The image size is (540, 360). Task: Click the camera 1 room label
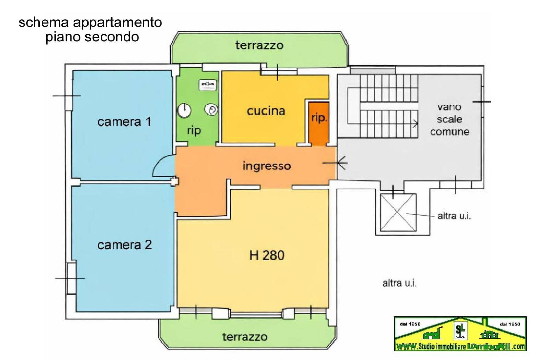(124, 122)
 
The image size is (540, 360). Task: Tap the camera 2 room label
(124, 245)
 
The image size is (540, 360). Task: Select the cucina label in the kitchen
(266, 111)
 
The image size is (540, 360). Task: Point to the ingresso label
(267, 166)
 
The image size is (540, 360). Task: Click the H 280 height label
(267, 255)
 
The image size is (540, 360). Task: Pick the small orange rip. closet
(319, 122)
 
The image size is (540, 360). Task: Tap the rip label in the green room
(194, 130)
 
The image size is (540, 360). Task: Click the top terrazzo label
(259, 45)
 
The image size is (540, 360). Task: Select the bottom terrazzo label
(245, 337)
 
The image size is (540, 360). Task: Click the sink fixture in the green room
(208, 84)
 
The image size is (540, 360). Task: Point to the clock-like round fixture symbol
(184, 110)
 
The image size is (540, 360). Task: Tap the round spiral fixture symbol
(211, 110)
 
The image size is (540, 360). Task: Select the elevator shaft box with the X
(398, 213)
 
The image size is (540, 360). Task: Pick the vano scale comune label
(449, 119)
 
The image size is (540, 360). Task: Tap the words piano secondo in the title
(92, 37)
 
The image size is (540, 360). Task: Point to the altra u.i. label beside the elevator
(454, 216)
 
